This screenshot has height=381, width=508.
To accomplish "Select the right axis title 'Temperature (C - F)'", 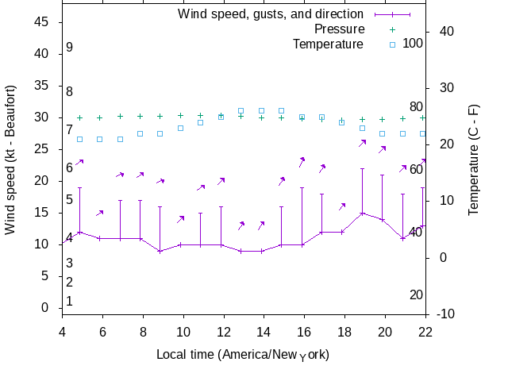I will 473,160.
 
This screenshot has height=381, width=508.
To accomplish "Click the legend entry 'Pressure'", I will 339,29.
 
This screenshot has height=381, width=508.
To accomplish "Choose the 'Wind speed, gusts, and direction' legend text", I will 271,13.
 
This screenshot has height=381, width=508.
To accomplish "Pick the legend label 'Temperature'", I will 328,44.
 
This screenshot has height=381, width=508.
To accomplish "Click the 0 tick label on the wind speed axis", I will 45,308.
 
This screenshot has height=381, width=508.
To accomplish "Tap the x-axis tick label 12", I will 224,333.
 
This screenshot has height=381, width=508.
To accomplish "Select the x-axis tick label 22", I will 426,333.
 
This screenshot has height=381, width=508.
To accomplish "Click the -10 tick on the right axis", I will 445,314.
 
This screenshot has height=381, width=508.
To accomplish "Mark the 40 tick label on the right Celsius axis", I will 445,32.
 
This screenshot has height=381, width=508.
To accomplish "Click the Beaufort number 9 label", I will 70,48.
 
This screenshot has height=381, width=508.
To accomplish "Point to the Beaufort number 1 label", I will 70,302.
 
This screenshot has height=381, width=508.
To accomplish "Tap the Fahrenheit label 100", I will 413,43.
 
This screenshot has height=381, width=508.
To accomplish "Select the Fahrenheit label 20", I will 416,295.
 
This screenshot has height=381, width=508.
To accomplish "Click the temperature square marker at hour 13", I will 241,111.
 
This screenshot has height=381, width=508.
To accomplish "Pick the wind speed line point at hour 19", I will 362,213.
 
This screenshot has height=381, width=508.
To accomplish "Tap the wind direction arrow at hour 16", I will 302,162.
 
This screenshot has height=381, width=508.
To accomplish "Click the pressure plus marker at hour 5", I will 79,117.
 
